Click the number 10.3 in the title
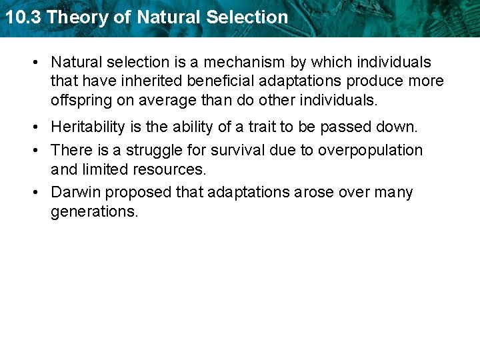23,17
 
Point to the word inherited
147,81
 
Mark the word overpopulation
371,150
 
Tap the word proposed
139,193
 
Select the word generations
95,212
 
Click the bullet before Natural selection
34,63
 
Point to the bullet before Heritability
34,127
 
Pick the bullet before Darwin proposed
34,193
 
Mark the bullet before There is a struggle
34,151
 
